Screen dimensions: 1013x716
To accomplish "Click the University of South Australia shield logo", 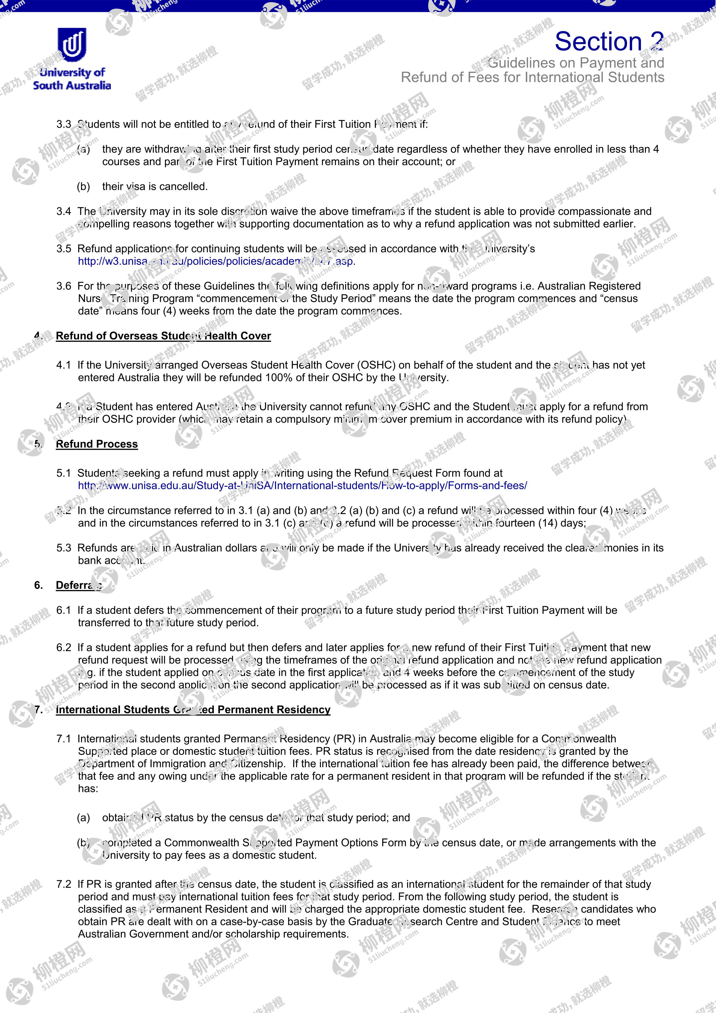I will [x=72, y=45].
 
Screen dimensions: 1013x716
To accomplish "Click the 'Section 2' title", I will [x=609, y=42].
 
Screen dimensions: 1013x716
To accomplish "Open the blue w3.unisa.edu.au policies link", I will [x=216, y=261].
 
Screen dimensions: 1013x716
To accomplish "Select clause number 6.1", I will [x=63, y=610].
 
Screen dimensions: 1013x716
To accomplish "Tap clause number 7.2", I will [x=63, y=884].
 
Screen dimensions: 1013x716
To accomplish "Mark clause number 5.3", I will [x=63, y=548].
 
